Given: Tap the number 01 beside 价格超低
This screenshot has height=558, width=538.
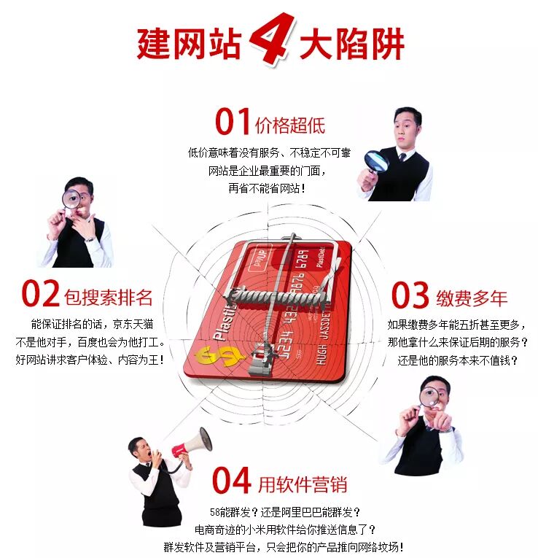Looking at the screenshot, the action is click(x=233, y=121).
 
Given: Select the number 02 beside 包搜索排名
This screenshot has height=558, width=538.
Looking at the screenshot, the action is click(x=40, y=293).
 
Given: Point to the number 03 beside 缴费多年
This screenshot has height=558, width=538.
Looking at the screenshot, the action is click(x=410, y=295).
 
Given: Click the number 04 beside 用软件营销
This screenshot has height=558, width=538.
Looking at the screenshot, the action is click(x=231, y=480).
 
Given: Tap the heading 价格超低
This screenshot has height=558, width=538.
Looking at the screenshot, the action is click(x=290, y=125).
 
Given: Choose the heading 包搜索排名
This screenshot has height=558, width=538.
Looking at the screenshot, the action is click(x=108, y=297).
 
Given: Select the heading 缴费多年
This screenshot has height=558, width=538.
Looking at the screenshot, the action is click(x=472, y=298).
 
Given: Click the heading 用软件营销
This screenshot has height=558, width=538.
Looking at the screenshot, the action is click(x=303, y=484).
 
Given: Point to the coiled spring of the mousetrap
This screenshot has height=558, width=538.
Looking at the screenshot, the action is click(x=276, y=296).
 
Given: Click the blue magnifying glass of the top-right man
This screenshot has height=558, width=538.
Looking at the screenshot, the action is click(x=376, y=161).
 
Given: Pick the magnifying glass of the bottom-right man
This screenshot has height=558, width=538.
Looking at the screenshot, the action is click(x=429, y=396).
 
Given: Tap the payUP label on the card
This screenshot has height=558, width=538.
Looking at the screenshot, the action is click(x=261, y=257).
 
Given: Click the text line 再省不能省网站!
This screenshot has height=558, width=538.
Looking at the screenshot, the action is click(x=267, y=188).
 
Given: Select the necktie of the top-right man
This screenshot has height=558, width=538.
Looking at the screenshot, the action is click(x=402, y=157).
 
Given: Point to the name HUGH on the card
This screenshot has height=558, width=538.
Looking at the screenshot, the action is click(x=321, y=354).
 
